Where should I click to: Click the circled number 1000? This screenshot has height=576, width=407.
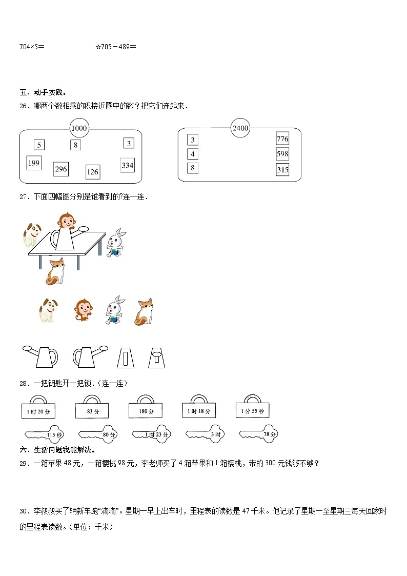79,128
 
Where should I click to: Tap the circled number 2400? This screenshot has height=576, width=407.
240,128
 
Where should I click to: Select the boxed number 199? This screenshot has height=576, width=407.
34,163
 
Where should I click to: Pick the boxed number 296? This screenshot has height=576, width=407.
61,169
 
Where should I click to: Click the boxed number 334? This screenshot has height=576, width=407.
128,165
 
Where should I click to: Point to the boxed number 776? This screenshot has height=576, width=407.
282,139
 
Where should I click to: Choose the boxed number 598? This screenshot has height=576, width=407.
282,154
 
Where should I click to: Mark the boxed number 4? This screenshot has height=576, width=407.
193,154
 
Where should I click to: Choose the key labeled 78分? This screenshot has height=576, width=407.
259,434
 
